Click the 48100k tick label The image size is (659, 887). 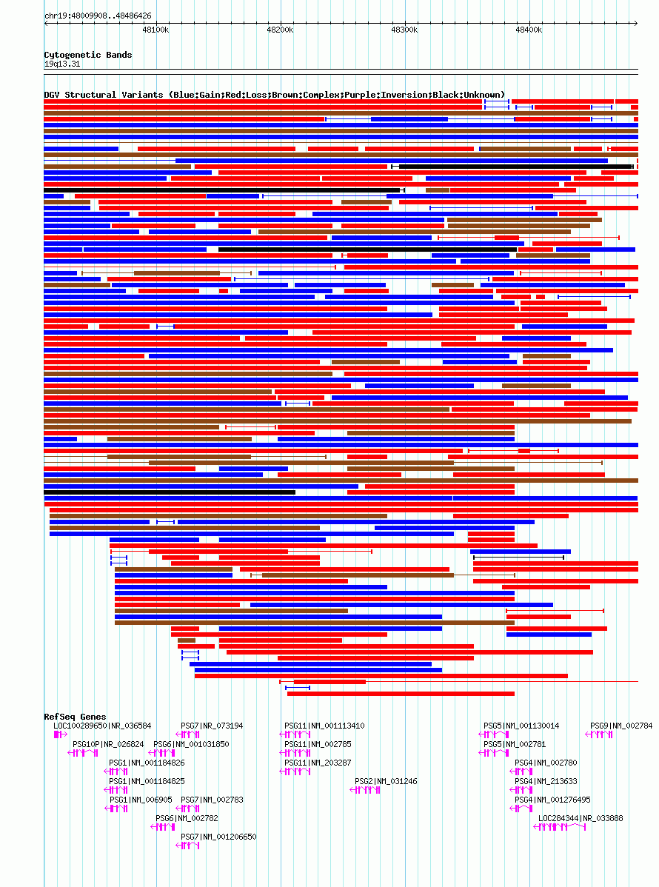tap(155, 30)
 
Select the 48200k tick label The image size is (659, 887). tap(280, 30)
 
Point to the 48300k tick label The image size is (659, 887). tap(404, 30)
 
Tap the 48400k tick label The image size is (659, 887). tap(529, 30)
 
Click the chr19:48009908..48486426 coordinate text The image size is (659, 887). tap(98, 16)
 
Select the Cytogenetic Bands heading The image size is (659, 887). tap(88, 55)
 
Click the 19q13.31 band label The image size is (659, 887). tap(62, 64)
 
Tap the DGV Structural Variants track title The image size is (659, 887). tap(275, 95)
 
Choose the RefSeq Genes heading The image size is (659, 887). tap(76, 717)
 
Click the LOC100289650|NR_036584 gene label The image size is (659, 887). tap(102, 726)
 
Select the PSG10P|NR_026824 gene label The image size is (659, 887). tap(108, 744)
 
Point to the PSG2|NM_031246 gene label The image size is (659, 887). tap(386, 781)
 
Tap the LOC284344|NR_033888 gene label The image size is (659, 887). tap(581, 818)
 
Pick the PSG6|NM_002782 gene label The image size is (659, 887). tap(187, 818)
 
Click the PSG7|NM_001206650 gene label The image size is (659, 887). tap(218, 837)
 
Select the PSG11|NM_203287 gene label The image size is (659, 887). tap(318, 763)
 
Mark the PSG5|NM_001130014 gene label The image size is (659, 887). tap(521, 726)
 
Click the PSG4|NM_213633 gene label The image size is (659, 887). tap(546, 781)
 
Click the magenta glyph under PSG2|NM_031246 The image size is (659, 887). tap(365, 790)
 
